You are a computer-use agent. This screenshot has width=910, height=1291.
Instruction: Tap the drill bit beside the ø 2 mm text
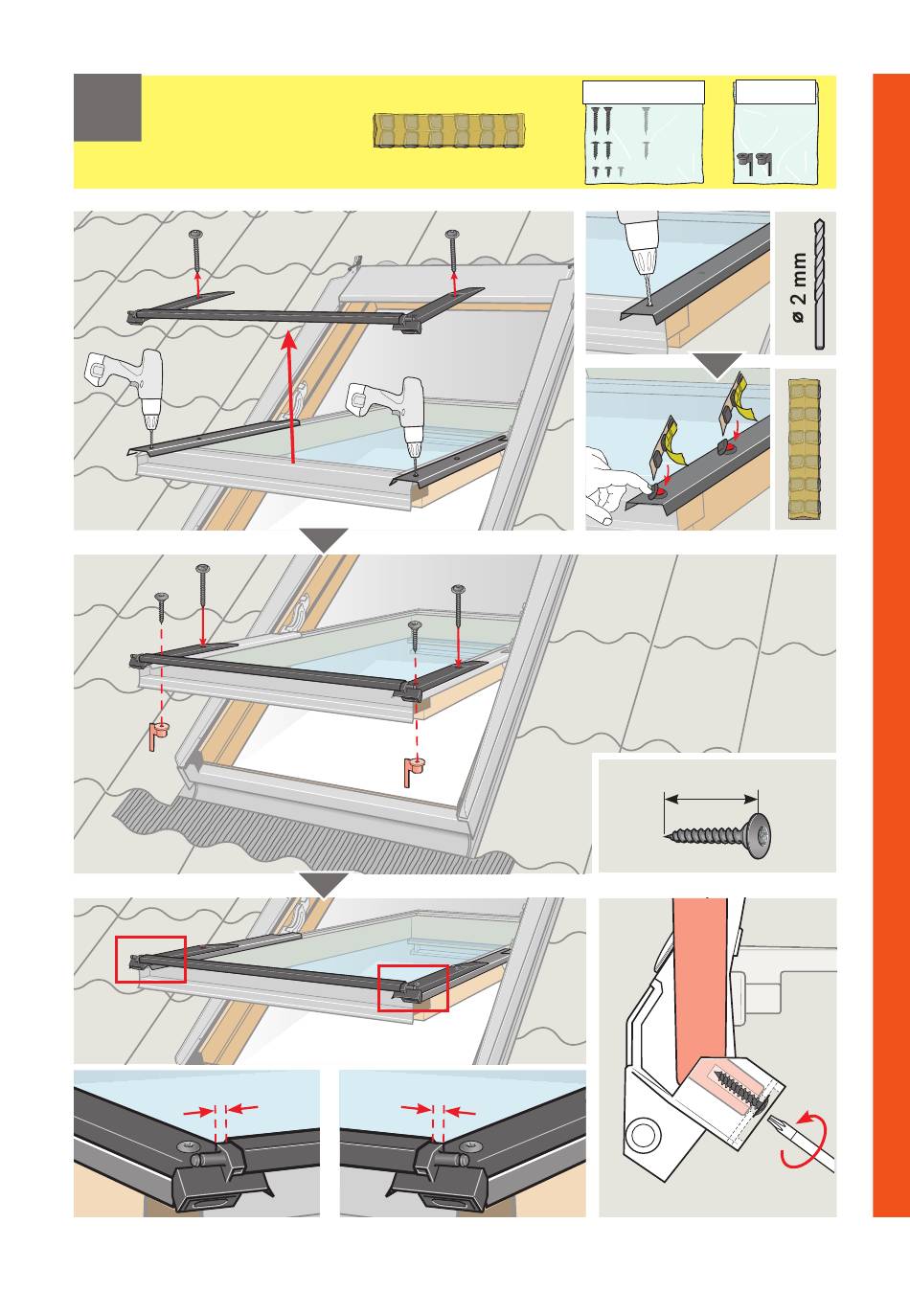818,283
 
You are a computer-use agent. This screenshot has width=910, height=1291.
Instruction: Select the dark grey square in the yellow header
107,107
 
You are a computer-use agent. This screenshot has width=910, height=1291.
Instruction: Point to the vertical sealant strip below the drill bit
806,449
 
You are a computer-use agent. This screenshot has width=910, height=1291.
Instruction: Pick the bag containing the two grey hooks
777,133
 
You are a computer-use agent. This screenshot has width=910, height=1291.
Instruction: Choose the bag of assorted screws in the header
644,133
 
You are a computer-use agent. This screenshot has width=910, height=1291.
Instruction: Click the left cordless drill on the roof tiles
129,383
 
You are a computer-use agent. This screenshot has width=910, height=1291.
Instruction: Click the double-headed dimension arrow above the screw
711,797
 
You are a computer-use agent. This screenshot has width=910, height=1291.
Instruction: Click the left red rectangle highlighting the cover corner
150,959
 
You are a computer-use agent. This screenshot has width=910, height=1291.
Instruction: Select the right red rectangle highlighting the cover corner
413,987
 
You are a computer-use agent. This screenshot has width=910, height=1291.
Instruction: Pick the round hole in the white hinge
644,1137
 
